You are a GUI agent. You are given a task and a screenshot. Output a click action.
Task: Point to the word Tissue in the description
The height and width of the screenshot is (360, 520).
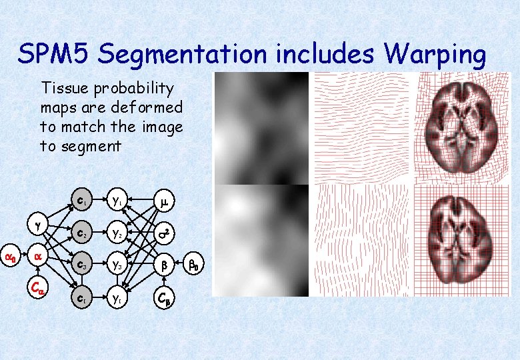coord(63,88)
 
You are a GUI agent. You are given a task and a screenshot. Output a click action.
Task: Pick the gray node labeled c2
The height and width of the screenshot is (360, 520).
coord(81,234)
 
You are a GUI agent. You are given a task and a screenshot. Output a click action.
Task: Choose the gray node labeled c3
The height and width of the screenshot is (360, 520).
coord(81,264)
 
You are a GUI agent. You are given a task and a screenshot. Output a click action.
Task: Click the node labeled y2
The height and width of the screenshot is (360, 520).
coord(117,234)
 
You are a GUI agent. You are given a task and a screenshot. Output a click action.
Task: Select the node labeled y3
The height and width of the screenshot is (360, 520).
coord(117,264)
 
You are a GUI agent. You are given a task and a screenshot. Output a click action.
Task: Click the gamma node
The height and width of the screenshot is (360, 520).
coord(38,226)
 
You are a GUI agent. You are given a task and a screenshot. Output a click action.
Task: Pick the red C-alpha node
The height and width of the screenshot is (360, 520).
coord(38,288)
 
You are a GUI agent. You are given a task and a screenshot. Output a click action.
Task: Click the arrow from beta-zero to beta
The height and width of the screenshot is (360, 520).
coord(178,265)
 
